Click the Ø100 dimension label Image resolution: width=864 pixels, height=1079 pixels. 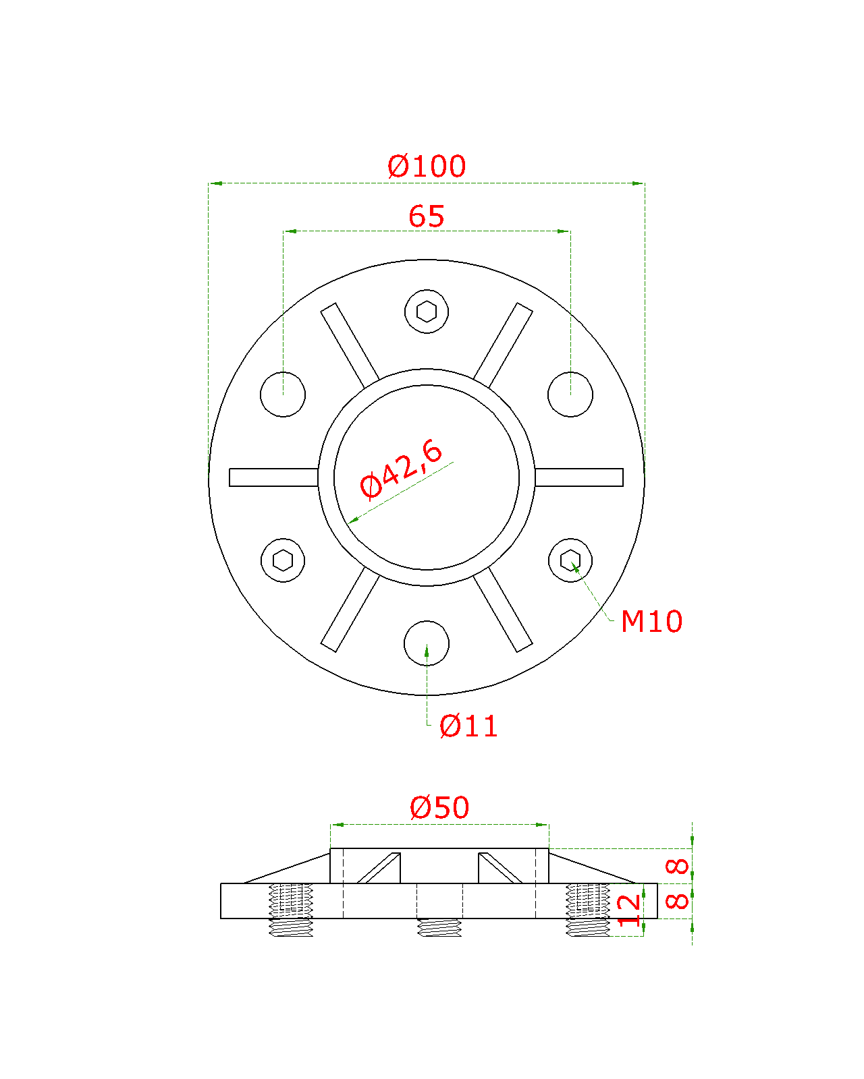426,166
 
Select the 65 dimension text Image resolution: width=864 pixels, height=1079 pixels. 426,216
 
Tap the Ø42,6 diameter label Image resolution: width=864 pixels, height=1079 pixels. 401,469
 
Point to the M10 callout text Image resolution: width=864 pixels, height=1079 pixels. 651,621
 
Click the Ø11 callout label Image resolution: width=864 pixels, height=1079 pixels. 468,726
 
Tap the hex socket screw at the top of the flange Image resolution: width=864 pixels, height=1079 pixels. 426,312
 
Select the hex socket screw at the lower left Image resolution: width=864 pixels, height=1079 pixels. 283,560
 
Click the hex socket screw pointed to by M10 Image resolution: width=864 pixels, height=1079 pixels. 570,560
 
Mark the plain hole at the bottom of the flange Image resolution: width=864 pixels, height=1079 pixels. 426,643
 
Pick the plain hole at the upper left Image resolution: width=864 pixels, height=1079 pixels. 283,394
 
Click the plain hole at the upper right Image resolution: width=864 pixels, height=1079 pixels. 570,394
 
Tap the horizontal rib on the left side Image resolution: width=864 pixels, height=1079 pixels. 273,477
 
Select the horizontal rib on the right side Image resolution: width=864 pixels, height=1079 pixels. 579,477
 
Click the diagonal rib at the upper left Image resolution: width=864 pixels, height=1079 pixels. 350,345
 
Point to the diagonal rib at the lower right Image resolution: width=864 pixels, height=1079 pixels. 503,610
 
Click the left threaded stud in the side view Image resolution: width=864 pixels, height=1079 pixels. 291,910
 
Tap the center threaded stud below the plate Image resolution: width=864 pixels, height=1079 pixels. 439,927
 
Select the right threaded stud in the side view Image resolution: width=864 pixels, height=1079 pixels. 587,910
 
